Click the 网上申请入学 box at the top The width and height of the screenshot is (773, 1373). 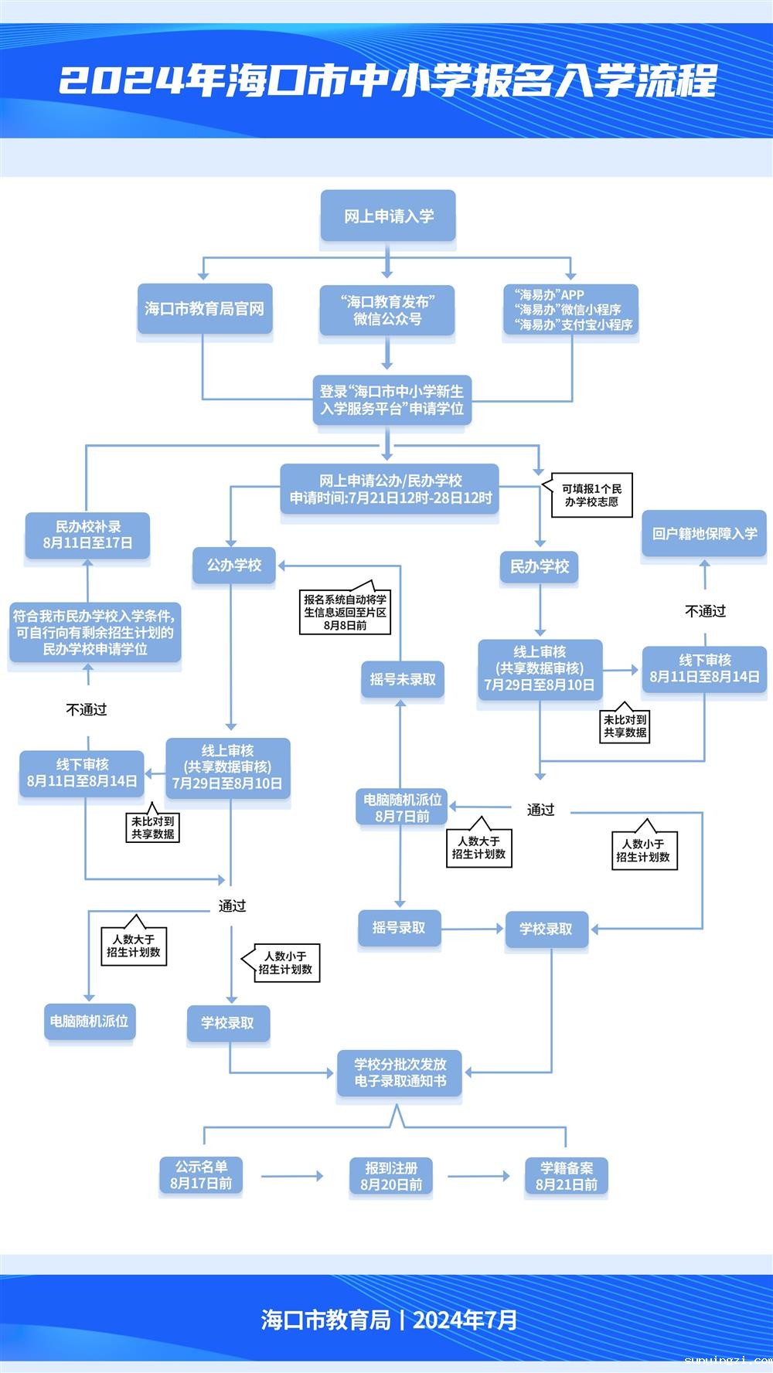tap(388, 216)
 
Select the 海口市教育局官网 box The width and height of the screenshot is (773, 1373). tap(205, 309)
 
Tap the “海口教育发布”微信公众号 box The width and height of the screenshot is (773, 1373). tap(387, 310)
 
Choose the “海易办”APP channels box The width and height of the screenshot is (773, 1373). tap(571, 310)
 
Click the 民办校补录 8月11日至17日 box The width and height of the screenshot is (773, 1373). tap(87, 535)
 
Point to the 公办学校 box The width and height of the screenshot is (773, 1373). tap(234, 566)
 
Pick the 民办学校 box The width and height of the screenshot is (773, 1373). tap(540, 566)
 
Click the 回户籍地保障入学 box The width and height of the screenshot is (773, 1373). tap(704, 533)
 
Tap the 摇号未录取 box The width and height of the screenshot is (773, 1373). tap(402, 679)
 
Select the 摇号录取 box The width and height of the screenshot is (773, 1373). tap(399, 927)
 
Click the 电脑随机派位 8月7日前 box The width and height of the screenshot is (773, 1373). tap(402, 807)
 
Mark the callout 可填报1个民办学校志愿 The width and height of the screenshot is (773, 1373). tap(591, 494)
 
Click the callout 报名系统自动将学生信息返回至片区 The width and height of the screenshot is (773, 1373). tap(345, 612)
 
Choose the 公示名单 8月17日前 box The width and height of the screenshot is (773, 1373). tap(201, 1175)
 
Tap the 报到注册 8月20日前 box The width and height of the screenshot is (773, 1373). tap(391, 1176)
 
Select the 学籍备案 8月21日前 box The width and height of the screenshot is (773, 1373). tap(567, 1176)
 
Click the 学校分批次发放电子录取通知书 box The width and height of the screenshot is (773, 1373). tap(400, 1072)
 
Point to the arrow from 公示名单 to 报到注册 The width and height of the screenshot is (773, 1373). tap(292, 1177)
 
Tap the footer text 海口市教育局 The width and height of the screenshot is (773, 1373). tap(325, 1320)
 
